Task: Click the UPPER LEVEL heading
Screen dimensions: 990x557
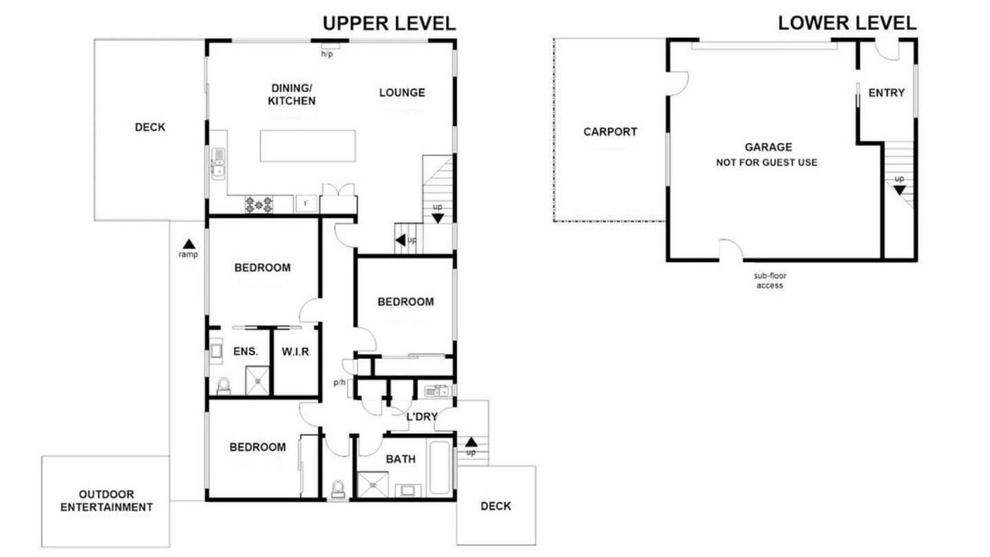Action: [389, 23]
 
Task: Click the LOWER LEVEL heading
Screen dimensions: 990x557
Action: [847, 23]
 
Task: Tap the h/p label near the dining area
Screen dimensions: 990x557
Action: [327, 54]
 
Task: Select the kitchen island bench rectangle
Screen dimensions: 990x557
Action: [308, 146]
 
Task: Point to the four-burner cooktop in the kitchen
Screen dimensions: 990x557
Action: [259, 204]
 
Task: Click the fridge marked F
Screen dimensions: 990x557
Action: [306, 203]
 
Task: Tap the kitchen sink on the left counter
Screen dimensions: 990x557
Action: [218, 163]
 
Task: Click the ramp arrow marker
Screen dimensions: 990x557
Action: [189, 244]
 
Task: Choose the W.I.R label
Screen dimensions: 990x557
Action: [295, 352]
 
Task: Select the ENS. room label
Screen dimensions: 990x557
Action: [245, 351]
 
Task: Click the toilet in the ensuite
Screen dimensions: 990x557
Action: [224, 386]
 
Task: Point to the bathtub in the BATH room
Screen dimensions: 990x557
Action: [439, 467]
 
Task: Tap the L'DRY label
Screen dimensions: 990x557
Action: [422, 416]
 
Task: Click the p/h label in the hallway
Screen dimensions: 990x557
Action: [340, 382]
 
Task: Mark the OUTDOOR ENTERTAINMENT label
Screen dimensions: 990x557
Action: [107, 501]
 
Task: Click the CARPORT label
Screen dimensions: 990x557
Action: [610, 132]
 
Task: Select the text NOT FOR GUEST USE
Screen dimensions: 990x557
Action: [766, 162]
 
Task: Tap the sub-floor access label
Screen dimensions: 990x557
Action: [770, 281]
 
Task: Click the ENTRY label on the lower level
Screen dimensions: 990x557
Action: [886, 93]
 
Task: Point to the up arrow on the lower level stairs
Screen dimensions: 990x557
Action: [900, 190]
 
